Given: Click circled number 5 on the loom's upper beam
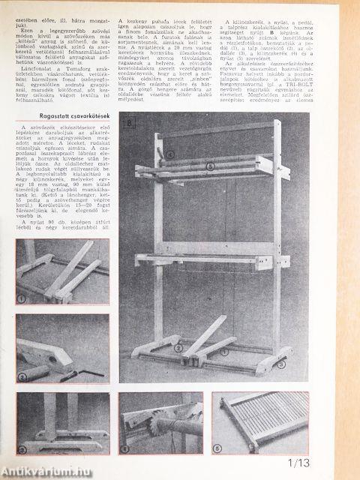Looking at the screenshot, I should (211, 164).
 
